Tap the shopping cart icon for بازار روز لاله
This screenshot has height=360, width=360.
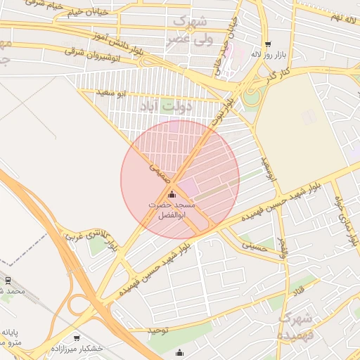tap(268, 44)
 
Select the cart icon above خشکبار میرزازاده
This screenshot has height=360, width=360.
tap(77, 338)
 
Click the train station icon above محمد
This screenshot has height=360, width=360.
tap(8, 280)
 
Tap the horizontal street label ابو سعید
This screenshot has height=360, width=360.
tap(112, 92)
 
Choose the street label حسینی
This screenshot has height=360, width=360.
tap(255, 245)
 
